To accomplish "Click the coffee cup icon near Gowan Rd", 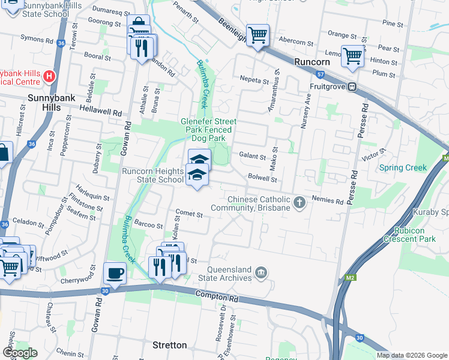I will coord(115,274).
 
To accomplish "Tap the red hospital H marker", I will coord(50,77).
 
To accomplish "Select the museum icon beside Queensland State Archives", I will coord(261,273).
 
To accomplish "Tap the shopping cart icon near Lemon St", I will coord(352,56).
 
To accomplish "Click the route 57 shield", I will coord(321,74).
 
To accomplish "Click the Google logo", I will coord(20,353).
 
